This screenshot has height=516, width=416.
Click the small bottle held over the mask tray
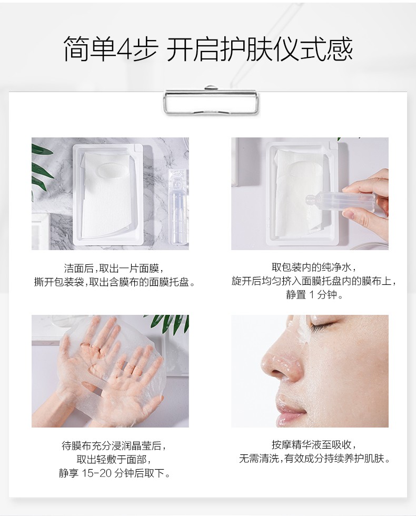[x=342, y=200]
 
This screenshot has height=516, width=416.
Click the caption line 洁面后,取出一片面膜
[x=114, y=269]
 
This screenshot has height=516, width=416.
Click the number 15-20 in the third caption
[x=96, y=473]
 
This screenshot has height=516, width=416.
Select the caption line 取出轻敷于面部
[x=114, y=459]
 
